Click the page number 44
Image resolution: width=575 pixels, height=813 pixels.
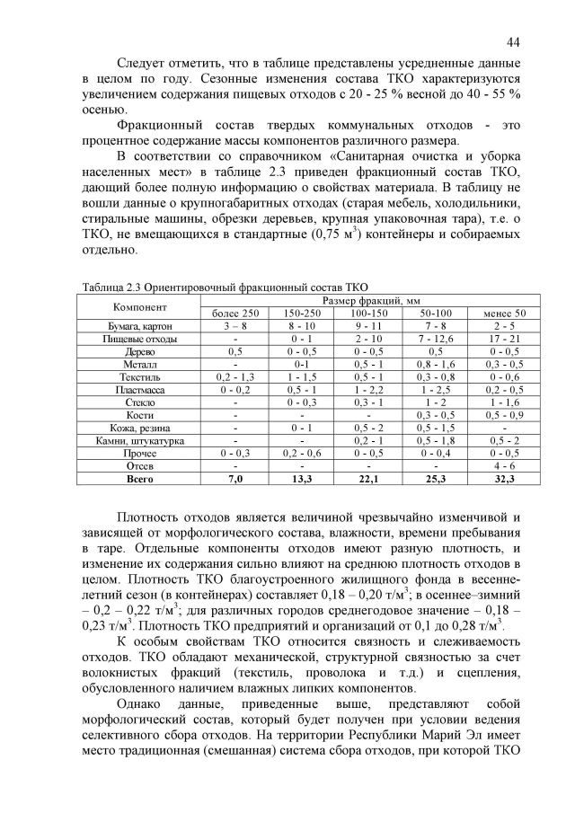(x=513, y=42)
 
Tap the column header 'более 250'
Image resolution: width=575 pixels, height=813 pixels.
(x=235, y=312)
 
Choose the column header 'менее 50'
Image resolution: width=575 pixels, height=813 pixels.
(x=505, y=312)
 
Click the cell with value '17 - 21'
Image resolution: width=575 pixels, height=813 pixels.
(x=505, y=339)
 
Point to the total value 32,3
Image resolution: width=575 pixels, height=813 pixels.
(x=505, y=480)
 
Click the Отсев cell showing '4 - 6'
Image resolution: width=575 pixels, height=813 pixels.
(x=505, y=467)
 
